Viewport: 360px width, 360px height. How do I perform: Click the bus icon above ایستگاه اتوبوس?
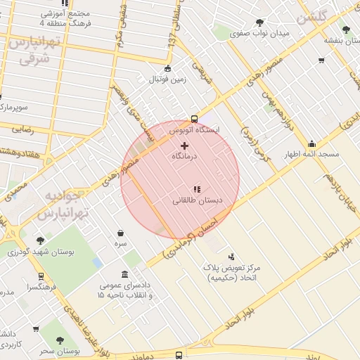(x=195, y=119)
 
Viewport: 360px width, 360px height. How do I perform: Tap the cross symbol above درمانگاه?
(x=185, y=145)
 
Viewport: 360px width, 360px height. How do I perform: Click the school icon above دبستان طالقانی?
(x=198, y=188)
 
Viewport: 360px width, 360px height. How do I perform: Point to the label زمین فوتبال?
(x=167, y=79)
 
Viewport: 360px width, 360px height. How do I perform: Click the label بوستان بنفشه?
(x=340, y=40)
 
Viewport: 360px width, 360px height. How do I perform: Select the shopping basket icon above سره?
(x=121, y=232)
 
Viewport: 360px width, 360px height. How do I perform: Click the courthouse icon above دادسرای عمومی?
(x=125, y=274)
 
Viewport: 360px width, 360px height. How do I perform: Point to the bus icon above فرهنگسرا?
(x=41, y=276)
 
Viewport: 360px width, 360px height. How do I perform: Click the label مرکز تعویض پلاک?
(x=233, y=269)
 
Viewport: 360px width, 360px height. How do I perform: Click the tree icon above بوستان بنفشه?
(x=345, y=30)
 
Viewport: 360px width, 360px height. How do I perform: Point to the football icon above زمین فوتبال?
(x=167, y=68)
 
